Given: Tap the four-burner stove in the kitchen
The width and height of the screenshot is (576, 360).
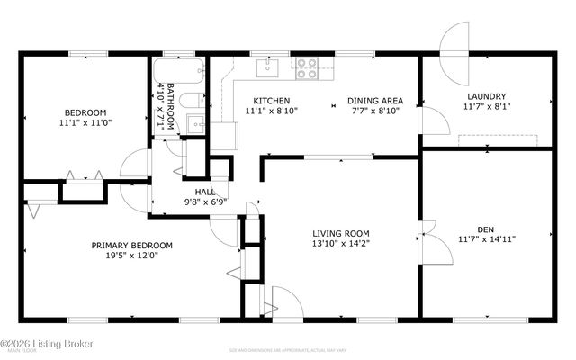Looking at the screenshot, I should [x=307, y=66].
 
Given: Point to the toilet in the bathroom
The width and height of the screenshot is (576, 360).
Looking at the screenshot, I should [x=192, y=100].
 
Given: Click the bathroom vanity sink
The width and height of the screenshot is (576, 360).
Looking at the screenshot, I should [x=195, y=122].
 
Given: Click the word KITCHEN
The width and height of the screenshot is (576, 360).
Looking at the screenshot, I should [x=271, y=100].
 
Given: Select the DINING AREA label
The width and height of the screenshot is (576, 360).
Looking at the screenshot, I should [x=375, y=100].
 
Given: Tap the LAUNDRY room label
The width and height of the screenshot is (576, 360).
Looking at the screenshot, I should [x=486, y=96].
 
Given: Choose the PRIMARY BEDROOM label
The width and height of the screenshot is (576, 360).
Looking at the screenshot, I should [x=131, y=245].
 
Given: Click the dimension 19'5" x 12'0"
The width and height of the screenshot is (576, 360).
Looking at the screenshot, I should [x=131, y=256].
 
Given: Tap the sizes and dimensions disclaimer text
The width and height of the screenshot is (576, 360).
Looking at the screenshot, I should [x=288, y=349].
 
